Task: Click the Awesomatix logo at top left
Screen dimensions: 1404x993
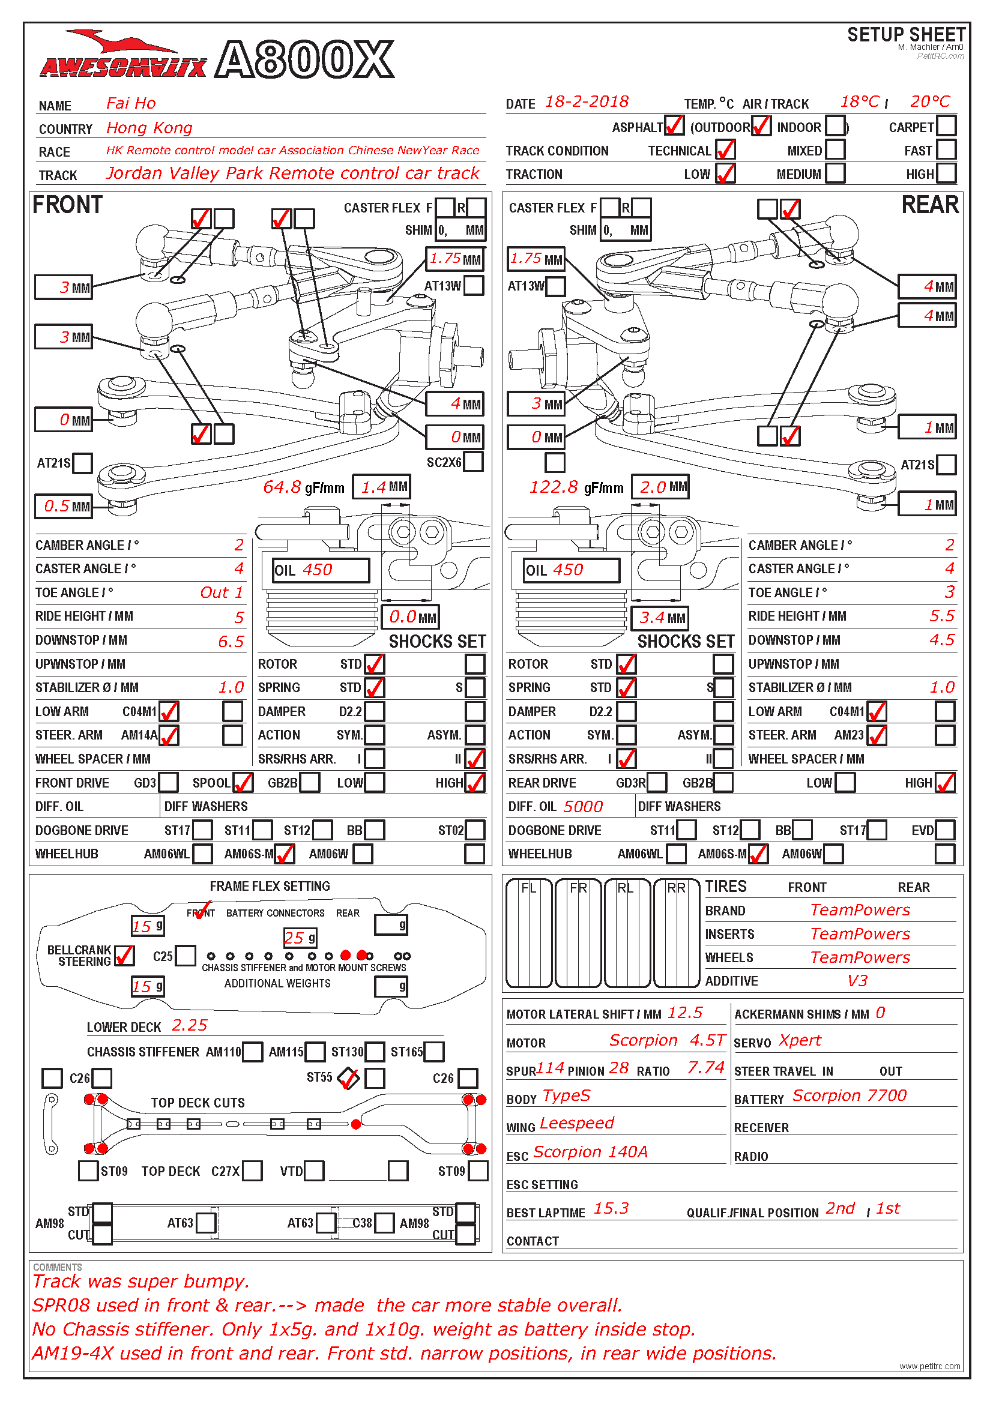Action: (x=123, y=59)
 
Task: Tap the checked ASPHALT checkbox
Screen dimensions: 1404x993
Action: (x=673, y=126)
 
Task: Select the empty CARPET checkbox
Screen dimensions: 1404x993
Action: (x=946, y=126)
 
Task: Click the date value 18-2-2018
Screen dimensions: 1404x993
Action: (x=587, y=101)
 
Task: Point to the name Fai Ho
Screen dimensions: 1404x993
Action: (x=131, y=103)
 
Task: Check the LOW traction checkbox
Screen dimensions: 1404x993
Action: (x=725, y=173)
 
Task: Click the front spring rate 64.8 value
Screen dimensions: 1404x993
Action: (x=282, y=487)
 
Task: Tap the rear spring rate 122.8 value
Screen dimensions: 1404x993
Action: (x=554, y=487)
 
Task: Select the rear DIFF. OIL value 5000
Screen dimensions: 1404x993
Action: (x=583, y=807)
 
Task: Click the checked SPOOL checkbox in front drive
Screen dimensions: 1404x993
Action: (x=243, y=783)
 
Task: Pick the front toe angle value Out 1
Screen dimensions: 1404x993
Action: (x=222, y=592)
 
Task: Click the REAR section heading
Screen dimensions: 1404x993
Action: (x=929, y=205)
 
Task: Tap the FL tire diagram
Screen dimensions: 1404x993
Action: (x=529, y=933)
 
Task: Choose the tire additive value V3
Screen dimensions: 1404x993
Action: (x=857, y=981)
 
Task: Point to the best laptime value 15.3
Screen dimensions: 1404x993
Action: (x=611, y=1208)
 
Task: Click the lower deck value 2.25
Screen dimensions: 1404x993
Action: (x=190, y=1025)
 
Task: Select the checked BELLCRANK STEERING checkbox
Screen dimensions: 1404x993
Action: (x=124, y=956)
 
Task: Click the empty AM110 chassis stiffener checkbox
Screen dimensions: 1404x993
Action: (x=253, y=1052)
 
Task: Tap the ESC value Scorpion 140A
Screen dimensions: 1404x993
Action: (x=590, y=1152)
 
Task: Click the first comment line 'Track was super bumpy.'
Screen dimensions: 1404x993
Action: (x=140, y=1282)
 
